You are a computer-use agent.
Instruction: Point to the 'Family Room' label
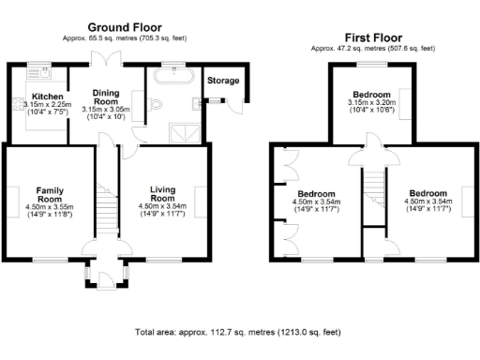click(x=43, y=194)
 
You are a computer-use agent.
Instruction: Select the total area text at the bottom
click(x=238, y=332)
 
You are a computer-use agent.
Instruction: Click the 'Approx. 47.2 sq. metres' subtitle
click(x=374, y=47)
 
